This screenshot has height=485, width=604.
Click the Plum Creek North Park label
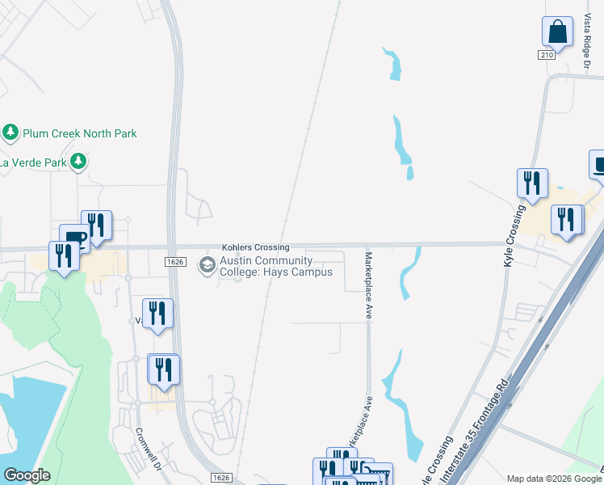[x=79, y=133]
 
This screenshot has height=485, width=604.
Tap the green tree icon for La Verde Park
[x=78, y=162]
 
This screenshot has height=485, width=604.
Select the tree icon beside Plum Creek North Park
[x=10, y=132]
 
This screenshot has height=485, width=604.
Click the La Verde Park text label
[x=32, y=162]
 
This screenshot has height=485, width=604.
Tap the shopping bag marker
[x=557, y=32]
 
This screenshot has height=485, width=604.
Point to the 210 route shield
[x=547, y=54]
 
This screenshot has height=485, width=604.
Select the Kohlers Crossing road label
[x=255, y=247]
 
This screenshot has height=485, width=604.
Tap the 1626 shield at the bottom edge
[x=221, y=478]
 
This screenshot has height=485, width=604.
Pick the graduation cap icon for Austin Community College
[x=208, y=264]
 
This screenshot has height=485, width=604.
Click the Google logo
[x=27, y=475]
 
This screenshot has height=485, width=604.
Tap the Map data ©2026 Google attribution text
[x=554, y=479]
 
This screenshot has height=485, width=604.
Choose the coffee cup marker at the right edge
[x=598, y=165]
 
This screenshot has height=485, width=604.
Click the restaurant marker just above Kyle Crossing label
[x=532, y=183]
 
